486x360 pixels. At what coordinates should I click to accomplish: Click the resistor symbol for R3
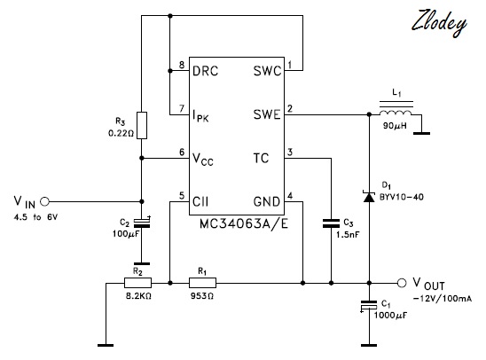142,126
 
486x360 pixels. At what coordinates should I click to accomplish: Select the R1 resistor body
202,283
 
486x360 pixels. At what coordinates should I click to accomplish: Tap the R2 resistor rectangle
138,283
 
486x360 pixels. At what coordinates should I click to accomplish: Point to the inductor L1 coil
396,112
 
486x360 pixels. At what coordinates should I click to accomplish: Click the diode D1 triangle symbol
369,197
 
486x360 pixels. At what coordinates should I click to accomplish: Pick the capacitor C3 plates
331,223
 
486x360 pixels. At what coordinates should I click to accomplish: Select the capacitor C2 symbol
142,223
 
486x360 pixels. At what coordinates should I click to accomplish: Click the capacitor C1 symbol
369,305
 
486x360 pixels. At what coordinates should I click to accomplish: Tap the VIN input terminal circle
45,201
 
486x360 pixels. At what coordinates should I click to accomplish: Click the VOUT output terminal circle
402,283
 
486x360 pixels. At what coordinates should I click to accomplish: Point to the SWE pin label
267,114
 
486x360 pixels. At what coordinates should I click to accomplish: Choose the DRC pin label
205,71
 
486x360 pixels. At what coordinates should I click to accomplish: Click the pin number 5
182,196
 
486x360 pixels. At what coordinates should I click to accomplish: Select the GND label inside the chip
267,202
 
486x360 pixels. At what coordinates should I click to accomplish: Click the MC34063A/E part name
244,223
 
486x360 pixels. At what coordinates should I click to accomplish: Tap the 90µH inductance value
396,126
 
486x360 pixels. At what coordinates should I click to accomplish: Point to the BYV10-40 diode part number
402,197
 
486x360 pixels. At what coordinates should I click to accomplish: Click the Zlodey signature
439,23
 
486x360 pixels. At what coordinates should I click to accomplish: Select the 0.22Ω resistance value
121,134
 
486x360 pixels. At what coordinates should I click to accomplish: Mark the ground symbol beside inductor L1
421,134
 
